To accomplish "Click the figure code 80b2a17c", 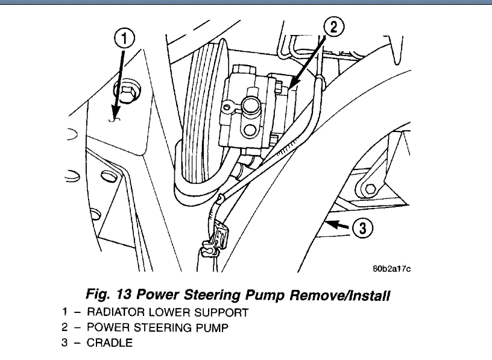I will tap(391, 269).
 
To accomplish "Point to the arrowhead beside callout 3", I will tap(329, 224).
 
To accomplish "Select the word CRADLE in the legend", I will tap(110, 344).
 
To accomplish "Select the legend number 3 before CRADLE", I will tap(64, 344).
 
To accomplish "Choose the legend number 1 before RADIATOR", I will tap(64, 312).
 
